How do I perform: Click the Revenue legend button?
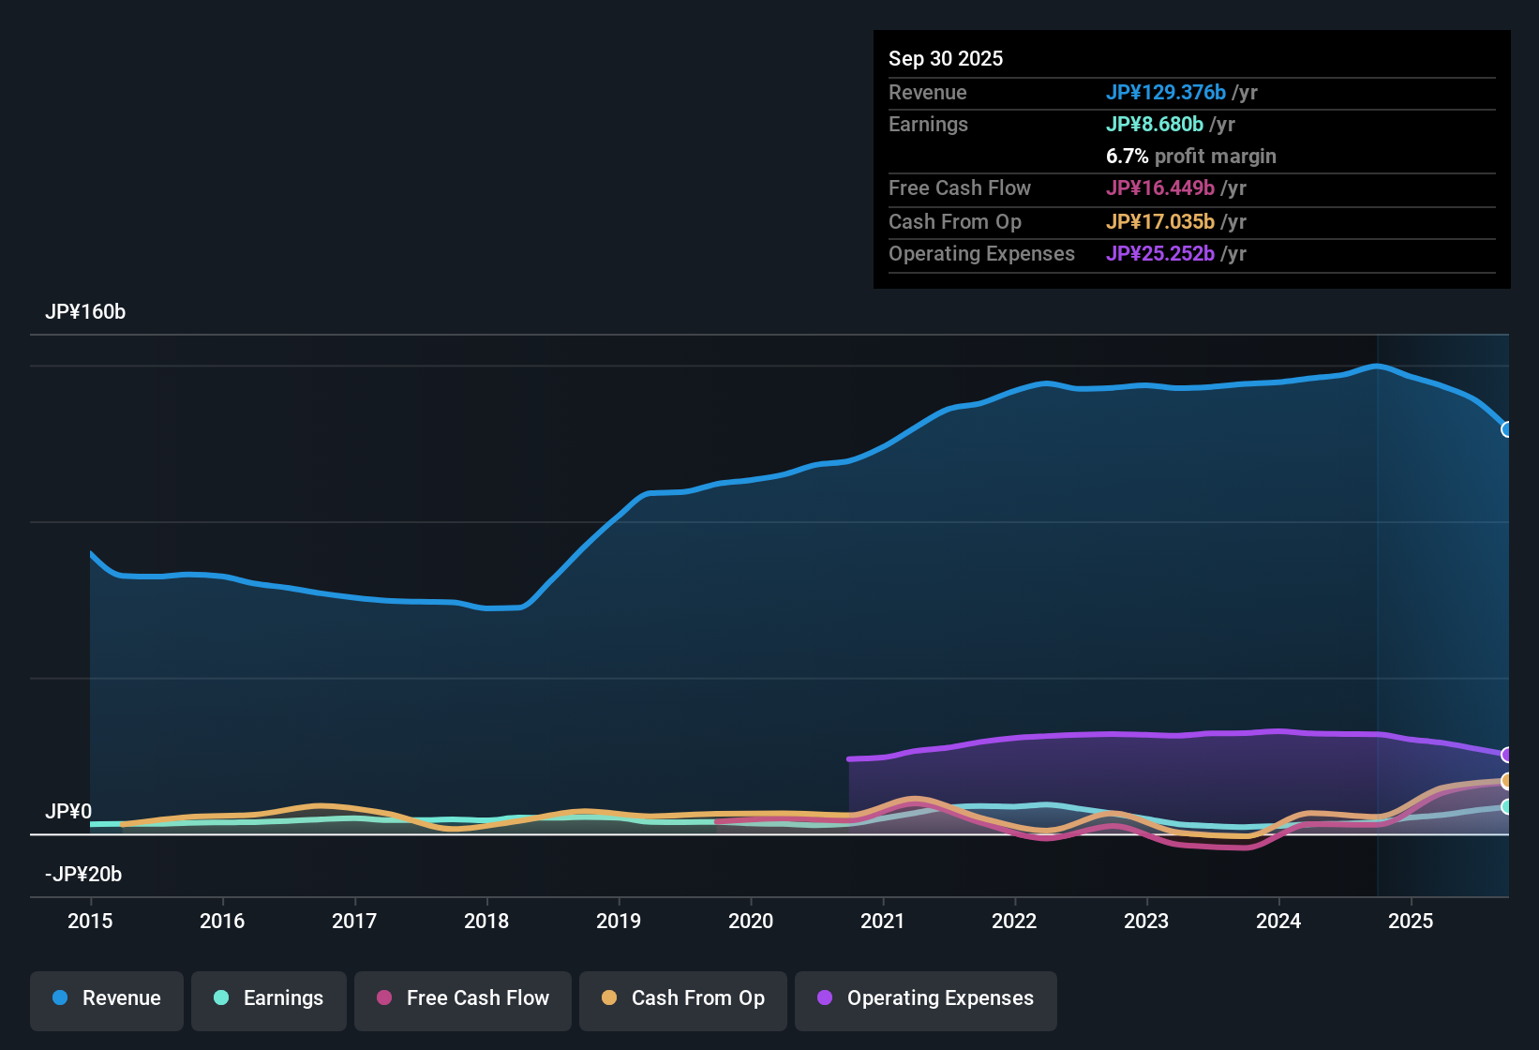(107, 998)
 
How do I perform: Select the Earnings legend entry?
(269, 998)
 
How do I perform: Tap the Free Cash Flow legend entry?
(463, 998)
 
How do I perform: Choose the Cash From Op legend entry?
(683, 998)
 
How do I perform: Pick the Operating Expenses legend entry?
(926, 998)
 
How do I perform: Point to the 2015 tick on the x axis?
(90, 921)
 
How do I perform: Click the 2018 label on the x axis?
(486, 921)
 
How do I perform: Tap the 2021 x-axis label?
(882, 921)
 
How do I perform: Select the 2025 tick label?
(1410, 921)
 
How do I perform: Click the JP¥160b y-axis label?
(85, 312)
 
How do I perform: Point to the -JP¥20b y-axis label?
(83, 875)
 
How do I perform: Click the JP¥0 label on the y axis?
(68, 811)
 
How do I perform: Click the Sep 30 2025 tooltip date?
(946, 58)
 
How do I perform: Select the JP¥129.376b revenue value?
(1165, 92)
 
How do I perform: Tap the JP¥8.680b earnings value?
(1154, 124)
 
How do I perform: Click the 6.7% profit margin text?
(1190, 156)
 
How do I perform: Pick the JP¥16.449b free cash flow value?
(1159, 187)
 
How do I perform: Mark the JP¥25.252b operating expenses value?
(1159, 253)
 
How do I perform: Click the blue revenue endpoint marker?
(1506, 429)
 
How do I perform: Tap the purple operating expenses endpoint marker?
(1506, 755)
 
